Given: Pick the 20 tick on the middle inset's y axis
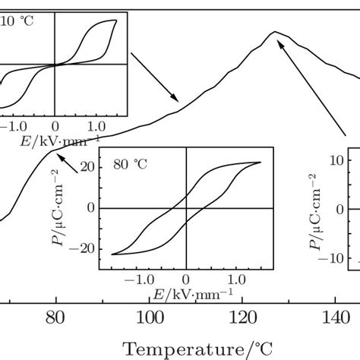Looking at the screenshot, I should coord(86,167).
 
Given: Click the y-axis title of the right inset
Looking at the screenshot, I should coord(314,209).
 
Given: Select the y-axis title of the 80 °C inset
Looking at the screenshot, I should coord(67,207).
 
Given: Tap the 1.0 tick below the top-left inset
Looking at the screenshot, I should coord(96,124).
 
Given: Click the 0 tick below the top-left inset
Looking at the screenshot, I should coord(55,124).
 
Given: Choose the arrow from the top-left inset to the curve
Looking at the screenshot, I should coord(155,77).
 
